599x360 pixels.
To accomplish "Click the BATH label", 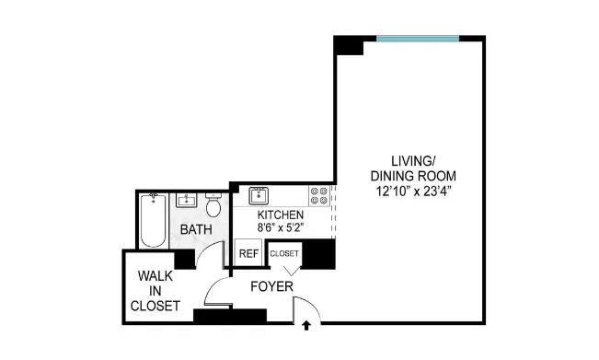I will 195,229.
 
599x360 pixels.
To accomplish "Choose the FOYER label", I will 271,287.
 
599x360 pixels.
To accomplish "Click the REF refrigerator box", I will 248,253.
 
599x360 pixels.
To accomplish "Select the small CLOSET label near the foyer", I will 284,252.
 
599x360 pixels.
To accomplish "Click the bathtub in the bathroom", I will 153,220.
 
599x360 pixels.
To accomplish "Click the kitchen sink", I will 259,194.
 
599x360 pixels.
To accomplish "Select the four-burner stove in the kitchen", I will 318,195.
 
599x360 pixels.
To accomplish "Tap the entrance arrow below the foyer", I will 305,324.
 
